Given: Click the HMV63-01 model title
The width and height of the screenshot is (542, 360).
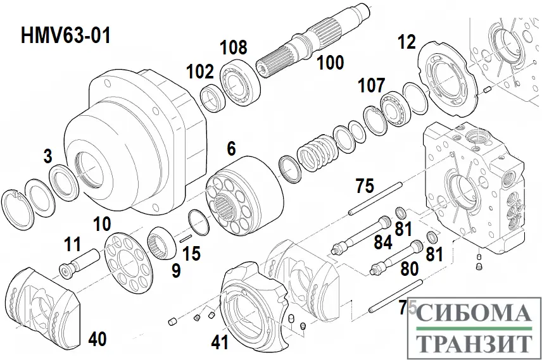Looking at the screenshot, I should (66, 35).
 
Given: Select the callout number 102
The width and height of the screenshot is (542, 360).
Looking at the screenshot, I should (200, 71).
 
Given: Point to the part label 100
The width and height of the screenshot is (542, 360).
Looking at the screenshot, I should (330, 62).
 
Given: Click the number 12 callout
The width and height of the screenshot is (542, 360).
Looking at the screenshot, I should (406, 42).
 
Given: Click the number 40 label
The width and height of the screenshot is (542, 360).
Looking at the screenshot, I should (97, 339).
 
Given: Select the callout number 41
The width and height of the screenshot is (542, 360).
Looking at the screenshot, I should (219, 342).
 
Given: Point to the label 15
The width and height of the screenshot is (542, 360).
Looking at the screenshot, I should (191, 254).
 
